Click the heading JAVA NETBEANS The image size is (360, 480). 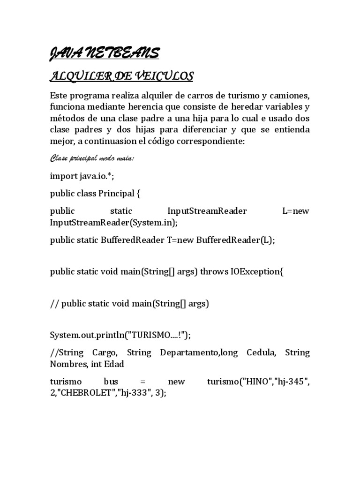(x=104, y=53)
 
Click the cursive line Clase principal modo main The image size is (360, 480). (x=92, y=158)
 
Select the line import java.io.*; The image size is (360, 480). (x=82, y=176)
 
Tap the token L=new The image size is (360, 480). (x=296, y=211)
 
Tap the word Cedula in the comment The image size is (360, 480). (x=260, y=352)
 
